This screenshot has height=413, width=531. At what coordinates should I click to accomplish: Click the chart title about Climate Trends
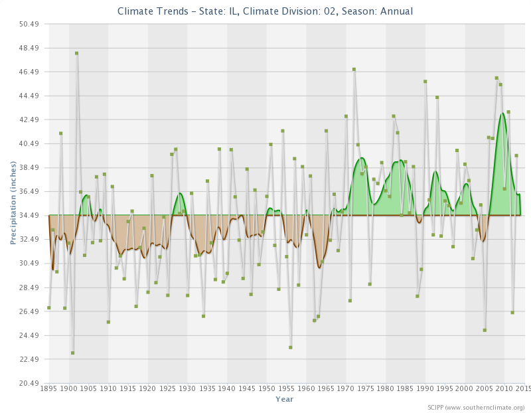(x=265, y=11)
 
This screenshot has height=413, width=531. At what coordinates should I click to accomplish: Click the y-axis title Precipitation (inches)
(x=13, y=202)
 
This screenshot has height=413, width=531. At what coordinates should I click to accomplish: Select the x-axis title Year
(x=284, y=399)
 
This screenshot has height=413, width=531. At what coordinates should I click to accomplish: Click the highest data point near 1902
(x=76, y=53)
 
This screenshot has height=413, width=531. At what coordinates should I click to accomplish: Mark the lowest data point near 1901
(x=72, y=353)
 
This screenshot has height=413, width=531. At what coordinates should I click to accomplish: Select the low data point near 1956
(x=291, y=347)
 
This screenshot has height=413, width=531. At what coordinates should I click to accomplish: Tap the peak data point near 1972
(x=354, y=69)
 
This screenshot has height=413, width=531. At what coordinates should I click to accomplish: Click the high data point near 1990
(x=425, y=82)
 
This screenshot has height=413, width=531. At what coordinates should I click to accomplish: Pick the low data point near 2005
(x=485, y=330)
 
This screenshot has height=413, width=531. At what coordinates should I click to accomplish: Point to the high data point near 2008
(x=496, y=78)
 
